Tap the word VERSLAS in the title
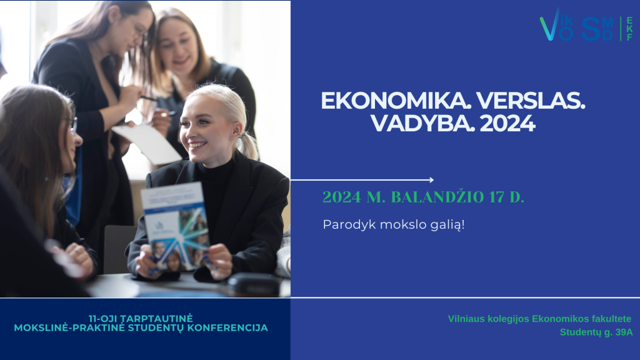pos(531,101)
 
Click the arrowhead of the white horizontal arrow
pos(431,179)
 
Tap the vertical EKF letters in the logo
pos(630,29)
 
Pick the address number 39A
pos(624,332)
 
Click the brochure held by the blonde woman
pos(176,226)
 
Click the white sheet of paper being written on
pos(147,143)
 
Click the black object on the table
pos(253,283)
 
